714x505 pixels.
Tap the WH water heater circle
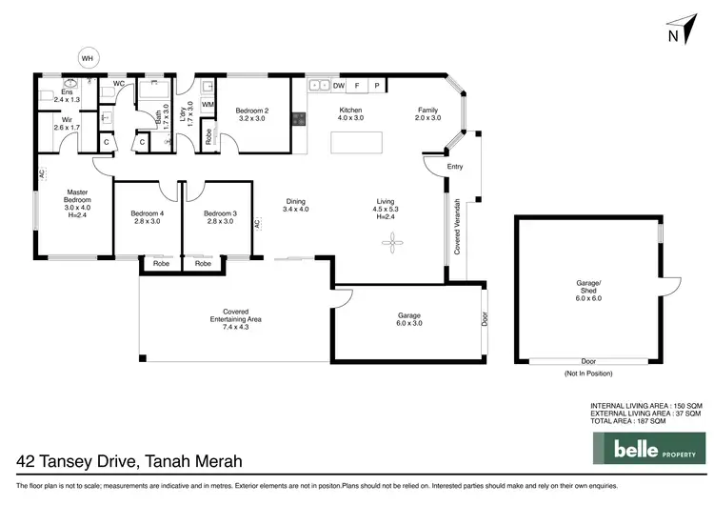[88, 58]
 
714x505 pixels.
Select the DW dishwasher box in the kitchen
[339, 86]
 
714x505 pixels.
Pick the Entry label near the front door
[456, 167]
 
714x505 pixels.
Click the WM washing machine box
[208, 104]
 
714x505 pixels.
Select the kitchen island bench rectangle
[356, 144]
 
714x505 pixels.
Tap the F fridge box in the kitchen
[357, 86]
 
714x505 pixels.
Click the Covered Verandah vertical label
[458, 226]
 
